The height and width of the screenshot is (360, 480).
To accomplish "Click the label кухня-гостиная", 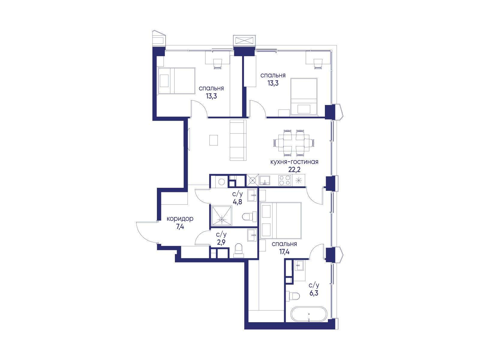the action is coord(294,162).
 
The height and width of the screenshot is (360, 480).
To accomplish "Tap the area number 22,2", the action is coord(294,170).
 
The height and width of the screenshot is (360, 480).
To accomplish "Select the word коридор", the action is coord(180,219).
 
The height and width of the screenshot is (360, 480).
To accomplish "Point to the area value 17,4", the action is coord(284,252).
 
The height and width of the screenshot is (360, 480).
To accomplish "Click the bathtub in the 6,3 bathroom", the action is coord(309,314).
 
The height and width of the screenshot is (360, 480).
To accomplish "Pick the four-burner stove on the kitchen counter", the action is coord(285,180).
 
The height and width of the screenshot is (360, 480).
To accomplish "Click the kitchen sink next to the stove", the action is coord(265,180).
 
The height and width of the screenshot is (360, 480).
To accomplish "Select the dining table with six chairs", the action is coord(294,143).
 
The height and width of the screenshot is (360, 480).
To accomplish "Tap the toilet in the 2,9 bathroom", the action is coord(238,250).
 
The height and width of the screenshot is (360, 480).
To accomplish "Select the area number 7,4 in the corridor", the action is coord(180,227).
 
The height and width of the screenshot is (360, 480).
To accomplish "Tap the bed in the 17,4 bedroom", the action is coord(281,220).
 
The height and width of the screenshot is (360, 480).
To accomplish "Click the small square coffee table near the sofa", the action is coord(213,140).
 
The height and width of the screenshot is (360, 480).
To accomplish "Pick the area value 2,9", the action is coord(221,242).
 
